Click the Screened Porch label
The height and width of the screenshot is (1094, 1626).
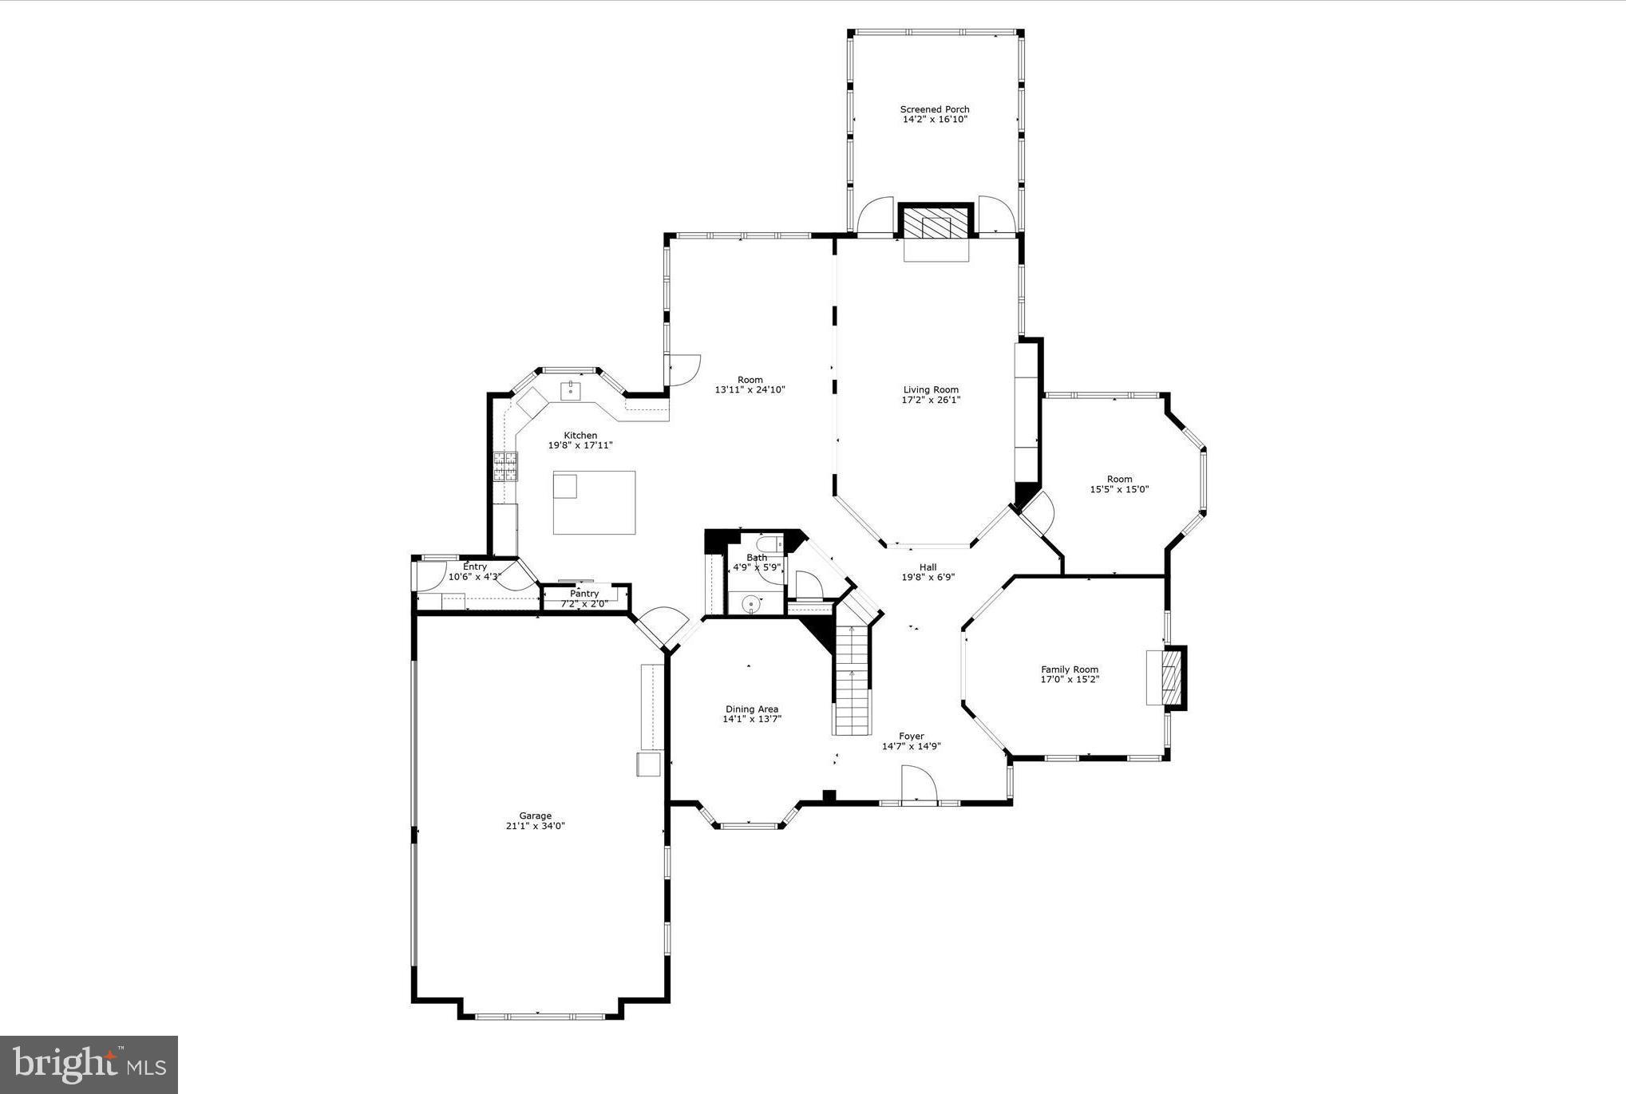935,110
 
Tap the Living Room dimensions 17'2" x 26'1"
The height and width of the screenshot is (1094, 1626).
931,401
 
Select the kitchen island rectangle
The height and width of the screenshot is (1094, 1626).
595,502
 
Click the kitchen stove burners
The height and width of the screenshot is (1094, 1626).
504,467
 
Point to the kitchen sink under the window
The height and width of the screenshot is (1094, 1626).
571,390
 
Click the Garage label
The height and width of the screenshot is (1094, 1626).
535,816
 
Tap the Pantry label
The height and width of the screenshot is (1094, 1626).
584,594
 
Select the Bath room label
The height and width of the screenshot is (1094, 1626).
757,558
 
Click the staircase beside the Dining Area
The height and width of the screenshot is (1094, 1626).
852,678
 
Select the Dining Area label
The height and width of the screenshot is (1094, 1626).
752,709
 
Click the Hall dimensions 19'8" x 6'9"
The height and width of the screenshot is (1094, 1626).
928,578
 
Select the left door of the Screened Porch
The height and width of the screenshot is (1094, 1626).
876,215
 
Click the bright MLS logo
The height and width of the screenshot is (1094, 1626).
89,1064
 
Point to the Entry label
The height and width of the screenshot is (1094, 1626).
475,567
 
